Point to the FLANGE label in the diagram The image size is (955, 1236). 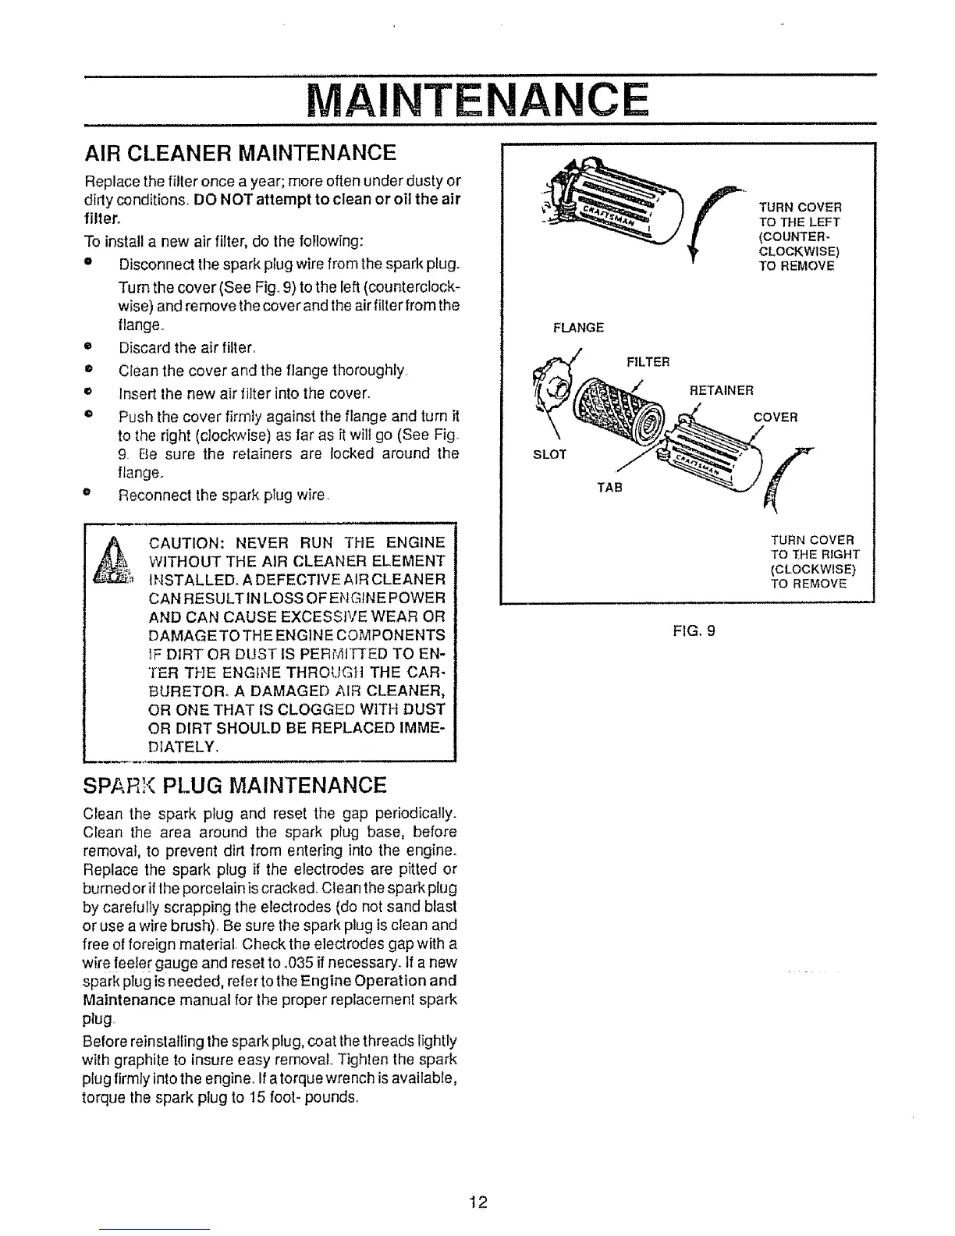point(577,328)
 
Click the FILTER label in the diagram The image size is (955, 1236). point(648,362)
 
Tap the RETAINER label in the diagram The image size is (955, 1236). point(722,390)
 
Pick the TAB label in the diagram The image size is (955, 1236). point(609,488)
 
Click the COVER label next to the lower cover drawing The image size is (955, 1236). point(775,417)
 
